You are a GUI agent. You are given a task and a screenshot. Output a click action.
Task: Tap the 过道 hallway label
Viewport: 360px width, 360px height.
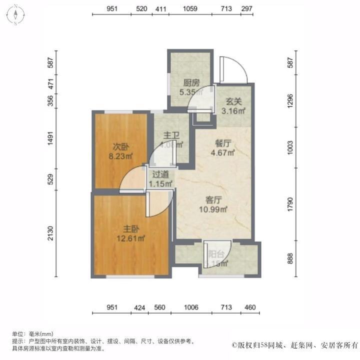[x=161, y=174]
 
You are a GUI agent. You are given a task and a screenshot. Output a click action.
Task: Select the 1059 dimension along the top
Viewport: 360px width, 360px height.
[x=190, y=9]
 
